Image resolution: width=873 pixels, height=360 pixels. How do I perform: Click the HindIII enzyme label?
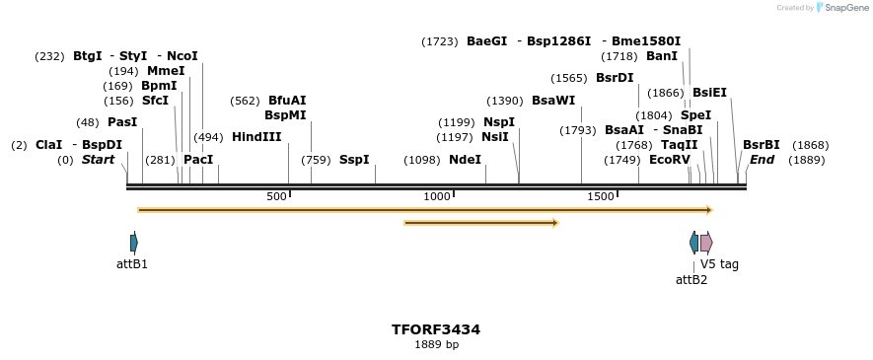[256, 137]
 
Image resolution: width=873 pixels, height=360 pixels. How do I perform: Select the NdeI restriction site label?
[465, 160]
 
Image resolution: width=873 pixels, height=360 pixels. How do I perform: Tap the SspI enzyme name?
[354, 160]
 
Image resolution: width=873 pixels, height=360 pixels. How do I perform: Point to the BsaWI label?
[552, 101]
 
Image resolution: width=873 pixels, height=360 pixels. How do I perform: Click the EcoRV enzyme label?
[670, 160]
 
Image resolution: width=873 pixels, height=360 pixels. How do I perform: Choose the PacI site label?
[198, 160]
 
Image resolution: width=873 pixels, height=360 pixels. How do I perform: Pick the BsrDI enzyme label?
[615, 78]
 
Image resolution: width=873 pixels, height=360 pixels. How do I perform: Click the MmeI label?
[166, 71]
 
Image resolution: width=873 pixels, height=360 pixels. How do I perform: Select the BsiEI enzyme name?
[709, 93]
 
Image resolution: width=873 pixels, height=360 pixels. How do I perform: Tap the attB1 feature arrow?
[133, 243]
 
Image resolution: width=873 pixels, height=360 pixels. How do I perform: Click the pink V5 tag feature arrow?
[706, 243]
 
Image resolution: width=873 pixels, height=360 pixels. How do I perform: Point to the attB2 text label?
[691, 280]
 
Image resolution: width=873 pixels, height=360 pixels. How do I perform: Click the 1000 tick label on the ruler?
[437, 197]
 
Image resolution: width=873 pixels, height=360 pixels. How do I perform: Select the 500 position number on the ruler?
[276, 197]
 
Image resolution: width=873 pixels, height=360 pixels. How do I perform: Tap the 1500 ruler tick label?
[601, 197]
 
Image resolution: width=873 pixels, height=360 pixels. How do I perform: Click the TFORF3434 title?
[436, 329]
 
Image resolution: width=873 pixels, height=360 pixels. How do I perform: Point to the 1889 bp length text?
[436, 345]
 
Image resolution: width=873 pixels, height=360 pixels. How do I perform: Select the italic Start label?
[98, 160]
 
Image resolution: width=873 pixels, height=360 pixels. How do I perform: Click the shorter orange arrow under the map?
[480, 223]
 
